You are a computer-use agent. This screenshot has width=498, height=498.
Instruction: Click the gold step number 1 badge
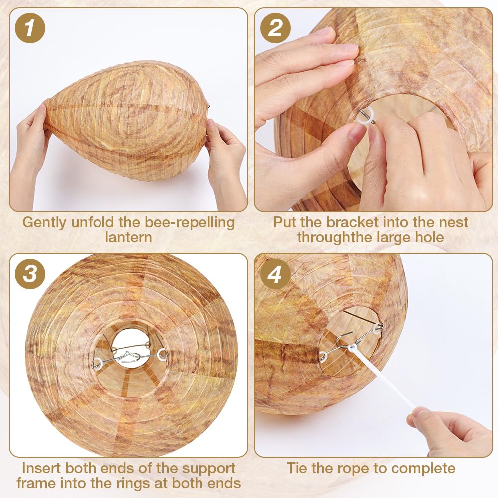pyautogui.click(x=30, y=28)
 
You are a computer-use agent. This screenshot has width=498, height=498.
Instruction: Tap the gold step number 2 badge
pyautogui.click(x=275, y=28)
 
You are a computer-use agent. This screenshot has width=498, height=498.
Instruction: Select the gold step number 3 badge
pyautogui.click(x=30, y=274)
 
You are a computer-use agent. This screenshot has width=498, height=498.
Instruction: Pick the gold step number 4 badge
pyautogui.click(x=275, y=274)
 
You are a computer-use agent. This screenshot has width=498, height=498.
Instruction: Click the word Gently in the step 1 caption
pyautogui.click(x=45, y=223)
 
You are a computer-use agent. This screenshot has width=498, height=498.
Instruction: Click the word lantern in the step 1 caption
pyautogui.click(x=129, y=237)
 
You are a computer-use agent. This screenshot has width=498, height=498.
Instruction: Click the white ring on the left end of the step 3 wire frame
pyautogui.click(x=97, y=363)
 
